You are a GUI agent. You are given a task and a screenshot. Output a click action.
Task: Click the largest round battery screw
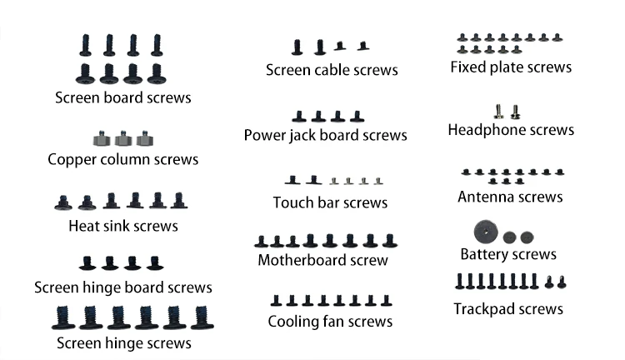(486, 232)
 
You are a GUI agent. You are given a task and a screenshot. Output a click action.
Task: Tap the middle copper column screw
(123, 138)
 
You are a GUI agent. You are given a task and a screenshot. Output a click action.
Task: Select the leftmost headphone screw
(498, 112)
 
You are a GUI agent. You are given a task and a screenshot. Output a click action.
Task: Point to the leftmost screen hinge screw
(63, 317)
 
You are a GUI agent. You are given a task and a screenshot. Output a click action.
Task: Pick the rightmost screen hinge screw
(202, 317)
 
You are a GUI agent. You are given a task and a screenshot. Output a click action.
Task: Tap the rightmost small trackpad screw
(562, 282)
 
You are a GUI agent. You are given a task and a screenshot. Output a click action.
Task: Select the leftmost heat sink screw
(63, 202)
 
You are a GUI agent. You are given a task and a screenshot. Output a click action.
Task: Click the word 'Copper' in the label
(72, 160)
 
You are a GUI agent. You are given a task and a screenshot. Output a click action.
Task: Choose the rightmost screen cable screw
(362, 46)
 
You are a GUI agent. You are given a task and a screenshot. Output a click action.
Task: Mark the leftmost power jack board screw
(299, 117)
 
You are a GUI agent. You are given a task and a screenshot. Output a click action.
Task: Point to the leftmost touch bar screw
(292, 180)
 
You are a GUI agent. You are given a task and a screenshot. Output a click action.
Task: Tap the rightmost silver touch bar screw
(378, 182)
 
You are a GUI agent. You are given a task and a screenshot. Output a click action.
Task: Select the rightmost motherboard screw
(390, 241)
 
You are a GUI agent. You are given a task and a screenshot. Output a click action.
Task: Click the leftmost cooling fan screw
(276, 301)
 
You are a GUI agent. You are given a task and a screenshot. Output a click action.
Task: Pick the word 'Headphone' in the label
(483, 130)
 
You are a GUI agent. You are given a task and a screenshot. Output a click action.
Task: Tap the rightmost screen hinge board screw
(155, 262)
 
